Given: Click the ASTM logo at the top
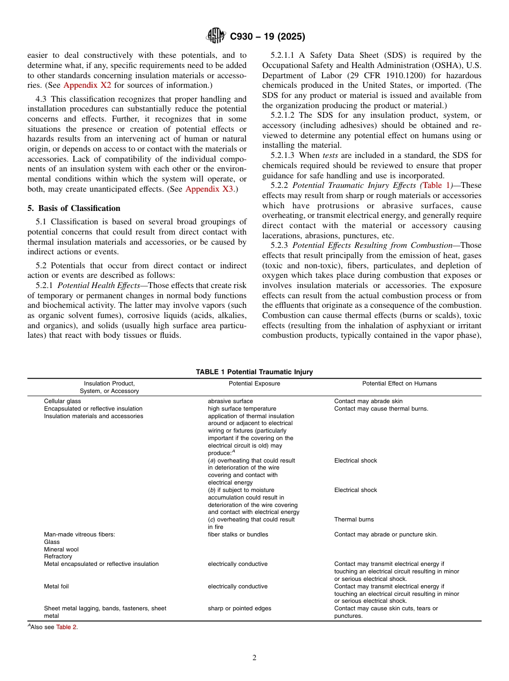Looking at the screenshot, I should [x=216, y=36].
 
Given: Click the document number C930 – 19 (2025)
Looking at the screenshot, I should [x=267, y=36].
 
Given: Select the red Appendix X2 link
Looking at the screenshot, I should [x=87, y=85].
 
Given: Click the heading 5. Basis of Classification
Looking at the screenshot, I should [x=74, y=208].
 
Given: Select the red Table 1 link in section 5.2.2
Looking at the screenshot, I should [x=437, y=185].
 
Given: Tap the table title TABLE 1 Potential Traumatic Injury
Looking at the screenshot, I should [x=254, y=372].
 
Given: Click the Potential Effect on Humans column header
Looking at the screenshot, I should [x=399, y=383].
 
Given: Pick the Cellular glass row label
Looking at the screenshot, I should [x=63, y=401].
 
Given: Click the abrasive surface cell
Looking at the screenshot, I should [x=230, y=401].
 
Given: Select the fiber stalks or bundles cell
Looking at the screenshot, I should [x=238, y=534].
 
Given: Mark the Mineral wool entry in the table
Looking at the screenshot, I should [x=62, y=549].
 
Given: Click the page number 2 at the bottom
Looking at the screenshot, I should [x=254, y=658].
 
